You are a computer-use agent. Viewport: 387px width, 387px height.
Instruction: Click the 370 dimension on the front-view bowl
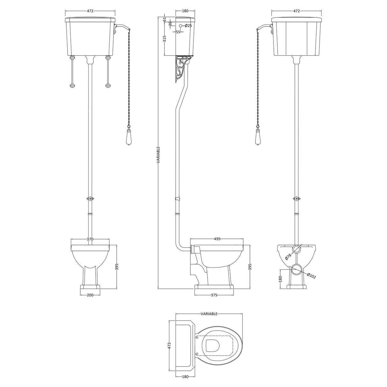coord(90,239)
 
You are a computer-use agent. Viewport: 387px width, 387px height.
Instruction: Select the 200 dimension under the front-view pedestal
coord(90,295)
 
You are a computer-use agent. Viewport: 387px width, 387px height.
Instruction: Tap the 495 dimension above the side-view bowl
coord(217,239)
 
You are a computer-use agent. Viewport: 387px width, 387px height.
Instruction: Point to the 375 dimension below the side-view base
coord(214,295)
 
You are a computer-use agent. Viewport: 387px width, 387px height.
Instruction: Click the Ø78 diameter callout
coord(288,256)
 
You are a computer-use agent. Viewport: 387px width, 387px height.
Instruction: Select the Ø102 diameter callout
coord(311,276)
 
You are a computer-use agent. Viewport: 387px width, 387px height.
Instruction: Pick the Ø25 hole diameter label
coord(188,26)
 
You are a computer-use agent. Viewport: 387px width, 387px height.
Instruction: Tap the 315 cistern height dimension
coord(164,39)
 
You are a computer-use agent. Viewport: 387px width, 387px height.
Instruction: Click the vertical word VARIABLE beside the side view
coord(158,155)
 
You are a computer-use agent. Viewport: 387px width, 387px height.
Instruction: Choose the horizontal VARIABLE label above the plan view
coord(209,314)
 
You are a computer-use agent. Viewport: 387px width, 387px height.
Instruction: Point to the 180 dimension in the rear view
coord(281,279)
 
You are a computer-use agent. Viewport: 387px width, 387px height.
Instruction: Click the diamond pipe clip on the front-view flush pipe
coord(91,198)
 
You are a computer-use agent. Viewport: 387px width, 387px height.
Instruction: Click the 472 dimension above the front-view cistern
coord(90,11)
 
